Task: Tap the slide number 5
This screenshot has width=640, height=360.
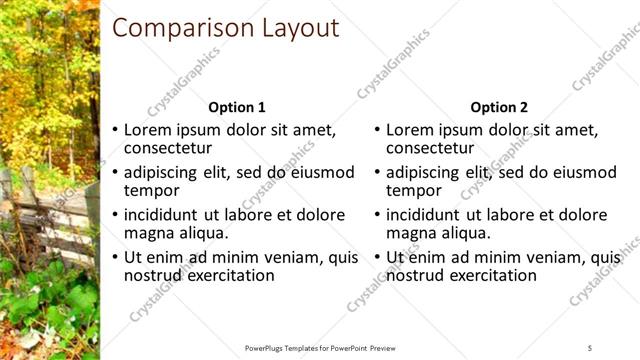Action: (x=591, y=347)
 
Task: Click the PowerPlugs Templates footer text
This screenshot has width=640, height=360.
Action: (x=320, y=347)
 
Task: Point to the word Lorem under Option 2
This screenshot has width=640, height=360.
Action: (x=411, y=130)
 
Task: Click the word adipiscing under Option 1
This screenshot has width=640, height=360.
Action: (x=165, y=172)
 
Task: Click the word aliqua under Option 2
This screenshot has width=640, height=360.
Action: (x=466, y=232)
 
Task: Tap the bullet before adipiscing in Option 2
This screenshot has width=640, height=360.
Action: (x=377, y=173)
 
